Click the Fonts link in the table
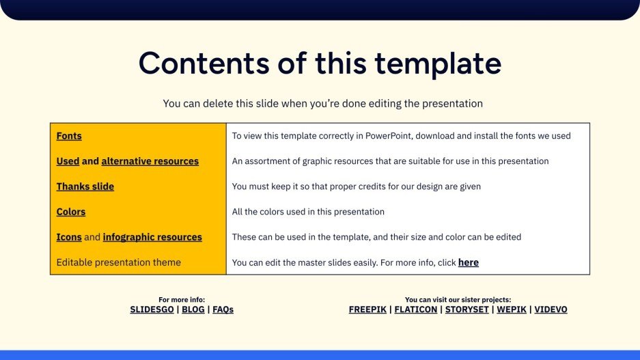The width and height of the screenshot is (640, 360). (69, 136)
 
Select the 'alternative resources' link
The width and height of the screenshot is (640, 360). (150, 161)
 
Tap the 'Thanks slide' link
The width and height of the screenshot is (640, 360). (85, 186)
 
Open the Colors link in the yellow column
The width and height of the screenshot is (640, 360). (71, 212)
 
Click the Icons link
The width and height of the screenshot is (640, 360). (69, 237)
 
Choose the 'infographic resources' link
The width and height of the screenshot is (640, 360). (152, 237)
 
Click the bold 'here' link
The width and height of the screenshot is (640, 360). (468, 262)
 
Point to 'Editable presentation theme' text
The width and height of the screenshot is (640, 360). (119, 262)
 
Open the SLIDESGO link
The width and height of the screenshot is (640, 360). (151, 309)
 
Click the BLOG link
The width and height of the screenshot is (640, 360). (193, 309)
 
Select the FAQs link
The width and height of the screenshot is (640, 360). (223, 309)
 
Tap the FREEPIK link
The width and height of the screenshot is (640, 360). (367, 309)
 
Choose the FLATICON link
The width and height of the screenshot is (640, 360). (417, 309)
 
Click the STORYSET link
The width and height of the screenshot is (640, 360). (467, 309)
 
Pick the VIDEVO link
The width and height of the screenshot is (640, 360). (551, 309)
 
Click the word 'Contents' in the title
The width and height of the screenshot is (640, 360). (204, 64)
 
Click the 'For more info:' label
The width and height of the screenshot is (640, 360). (182, 299)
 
